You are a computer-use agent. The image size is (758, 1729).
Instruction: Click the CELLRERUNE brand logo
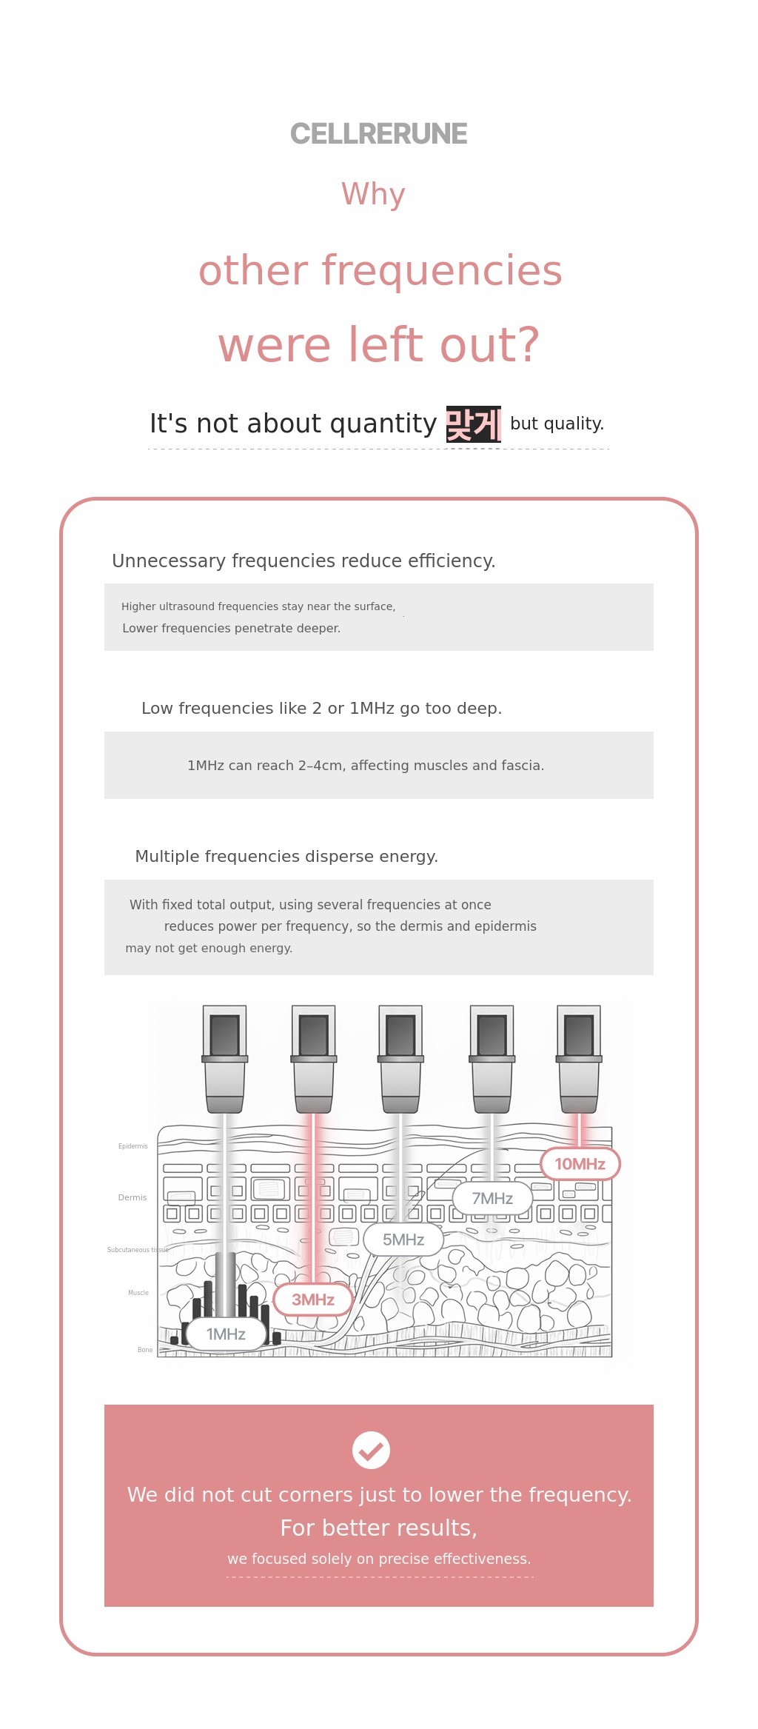(x=378, y=134)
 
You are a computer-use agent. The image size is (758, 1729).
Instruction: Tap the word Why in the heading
(x=373, y=194)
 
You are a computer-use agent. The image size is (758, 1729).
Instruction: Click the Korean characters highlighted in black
(x=473, y=424)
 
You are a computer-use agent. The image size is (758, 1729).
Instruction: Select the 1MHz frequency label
(x=226, y=1334)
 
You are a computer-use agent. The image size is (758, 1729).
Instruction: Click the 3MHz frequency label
(x=313, y=1299)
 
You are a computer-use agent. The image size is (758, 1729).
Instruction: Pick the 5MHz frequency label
(x=403, y=1240)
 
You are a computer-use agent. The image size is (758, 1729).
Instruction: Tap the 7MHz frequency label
(x=492, y=1198)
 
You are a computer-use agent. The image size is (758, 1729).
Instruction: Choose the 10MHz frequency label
(x=580, y=1163)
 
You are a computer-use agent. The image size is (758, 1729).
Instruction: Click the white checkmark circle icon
(x=371, y=1450)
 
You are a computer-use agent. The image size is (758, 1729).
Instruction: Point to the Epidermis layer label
(x=133, y=1146)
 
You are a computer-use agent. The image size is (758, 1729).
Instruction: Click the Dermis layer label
(x=133, y=1197)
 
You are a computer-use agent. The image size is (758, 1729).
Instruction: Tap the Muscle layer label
(x=138, y=1293)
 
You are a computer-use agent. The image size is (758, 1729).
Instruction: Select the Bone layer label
(x=145, y=1350)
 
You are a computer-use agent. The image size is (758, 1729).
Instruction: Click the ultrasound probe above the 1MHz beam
(x=225, y=1059)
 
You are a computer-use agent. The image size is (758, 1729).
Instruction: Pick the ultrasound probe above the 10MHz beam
(x=579, y=1059)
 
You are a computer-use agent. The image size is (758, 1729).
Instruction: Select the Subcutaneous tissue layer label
(x=138, y=1250)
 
